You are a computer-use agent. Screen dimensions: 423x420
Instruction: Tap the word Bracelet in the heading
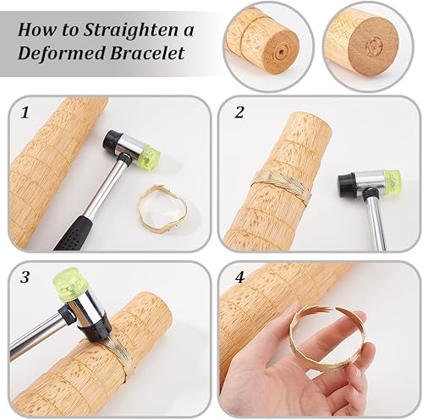147,53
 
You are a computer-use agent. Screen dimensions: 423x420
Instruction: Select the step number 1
25,113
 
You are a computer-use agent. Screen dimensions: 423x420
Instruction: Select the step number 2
239,112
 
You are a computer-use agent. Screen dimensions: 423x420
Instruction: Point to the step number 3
25,277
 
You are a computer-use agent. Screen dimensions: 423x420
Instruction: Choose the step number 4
239,278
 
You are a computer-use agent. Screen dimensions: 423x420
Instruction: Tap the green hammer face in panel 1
150,157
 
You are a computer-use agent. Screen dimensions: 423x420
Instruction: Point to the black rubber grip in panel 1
74,232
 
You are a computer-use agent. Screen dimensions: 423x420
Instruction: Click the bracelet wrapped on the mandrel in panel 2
282,183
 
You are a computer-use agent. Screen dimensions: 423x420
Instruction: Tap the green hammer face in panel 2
392,179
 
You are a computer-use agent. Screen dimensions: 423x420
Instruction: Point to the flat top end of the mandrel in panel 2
310,121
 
